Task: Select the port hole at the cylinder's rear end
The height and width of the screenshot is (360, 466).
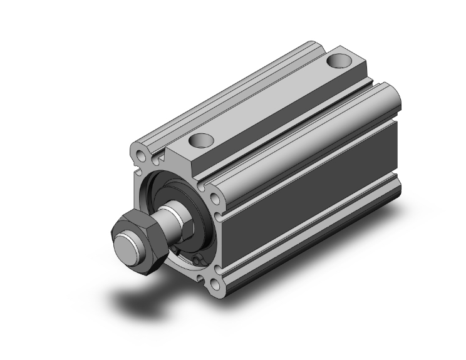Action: pyautogui.click(x=339, y=61)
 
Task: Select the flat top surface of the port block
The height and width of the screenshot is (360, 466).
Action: pyautogui.click(x=269, y=100)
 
